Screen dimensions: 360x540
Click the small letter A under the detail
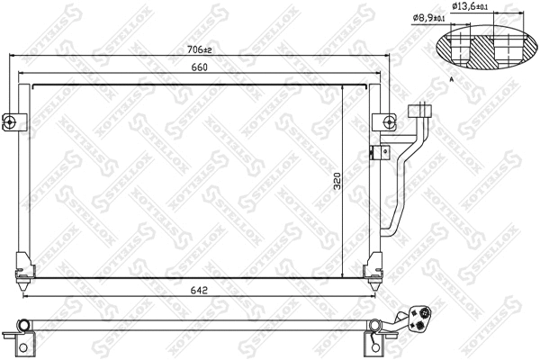tap(449, 79)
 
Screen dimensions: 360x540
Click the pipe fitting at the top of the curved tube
tap(418, 112)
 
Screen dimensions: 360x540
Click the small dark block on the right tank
tap(371, 152)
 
